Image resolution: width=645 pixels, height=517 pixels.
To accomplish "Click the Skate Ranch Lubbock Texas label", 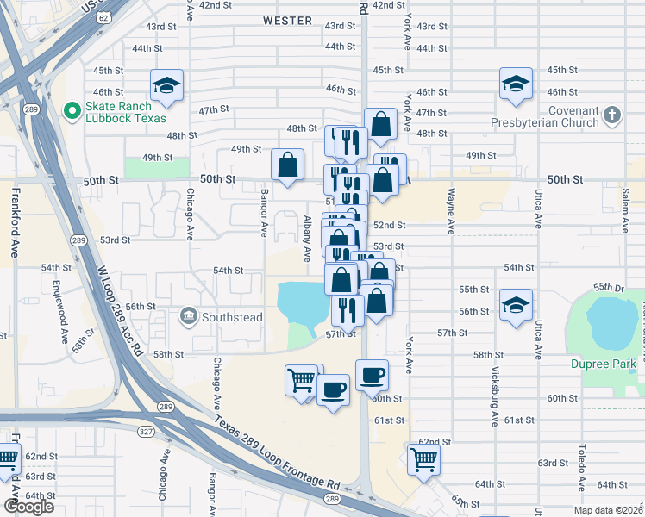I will [132, 112].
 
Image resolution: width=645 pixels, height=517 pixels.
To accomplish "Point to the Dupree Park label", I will [603, 364].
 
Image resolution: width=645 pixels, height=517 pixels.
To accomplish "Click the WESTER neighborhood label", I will [287, 19].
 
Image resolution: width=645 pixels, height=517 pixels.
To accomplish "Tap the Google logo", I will [28, 506].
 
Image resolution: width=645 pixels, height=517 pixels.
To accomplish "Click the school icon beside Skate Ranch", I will [165, 85].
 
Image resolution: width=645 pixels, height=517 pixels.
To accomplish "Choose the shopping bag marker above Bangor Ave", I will [287, 163].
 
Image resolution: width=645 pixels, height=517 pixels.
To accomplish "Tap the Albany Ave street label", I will [306, 239].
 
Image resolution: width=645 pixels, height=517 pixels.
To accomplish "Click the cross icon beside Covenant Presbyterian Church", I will [612, 115].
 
